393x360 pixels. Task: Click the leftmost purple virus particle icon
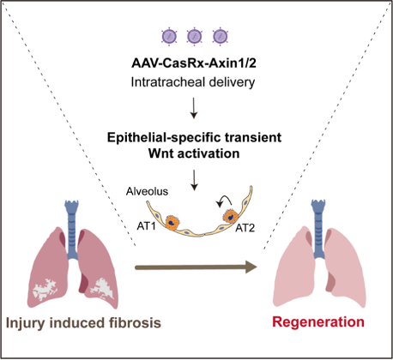coord(170,37)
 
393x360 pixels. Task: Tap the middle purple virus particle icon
coord(196,37)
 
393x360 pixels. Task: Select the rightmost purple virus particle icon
coord(221,37)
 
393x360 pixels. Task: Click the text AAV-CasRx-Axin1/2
coord(196,64)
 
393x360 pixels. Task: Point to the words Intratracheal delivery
coord(196,82)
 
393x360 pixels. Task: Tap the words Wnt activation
coord(196,153)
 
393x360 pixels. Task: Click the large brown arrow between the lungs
coord(196,268)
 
